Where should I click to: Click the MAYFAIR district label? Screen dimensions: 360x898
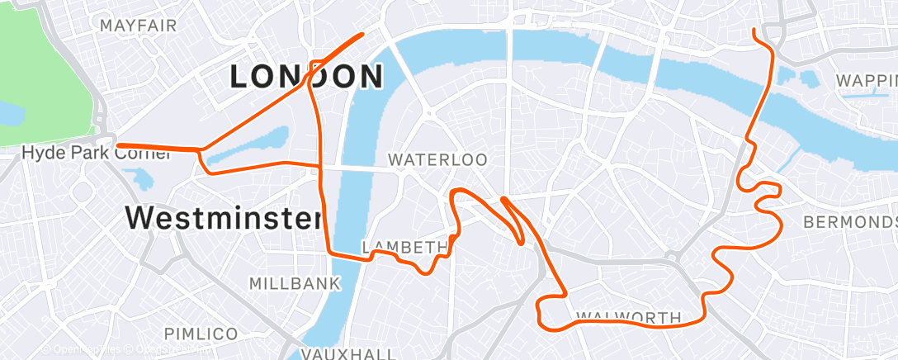[138, 25]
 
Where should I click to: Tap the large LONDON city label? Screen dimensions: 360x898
[306, 77]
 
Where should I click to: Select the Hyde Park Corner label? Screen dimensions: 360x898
[69, 153]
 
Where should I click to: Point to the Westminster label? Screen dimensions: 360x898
[223, 219]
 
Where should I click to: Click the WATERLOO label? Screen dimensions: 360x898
[437, 159]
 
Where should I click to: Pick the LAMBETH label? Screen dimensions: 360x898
[404, 247]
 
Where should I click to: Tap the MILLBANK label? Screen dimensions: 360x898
[295, 284]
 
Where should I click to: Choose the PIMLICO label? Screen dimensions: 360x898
[201, 334]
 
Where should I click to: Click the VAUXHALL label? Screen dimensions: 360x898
[348, 353]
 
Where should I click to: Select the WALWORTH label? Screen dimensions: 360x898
[628, 317]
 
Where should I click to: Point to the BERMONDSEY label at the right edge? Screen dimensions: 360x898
[850, 223]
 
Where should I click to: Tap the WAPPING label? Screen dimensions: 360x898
[866, 81]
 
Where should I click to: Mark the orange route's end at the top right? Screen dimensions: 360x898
[754, 31]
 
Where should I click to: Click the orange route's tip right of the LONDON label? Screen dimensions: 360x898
[362, 35]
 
